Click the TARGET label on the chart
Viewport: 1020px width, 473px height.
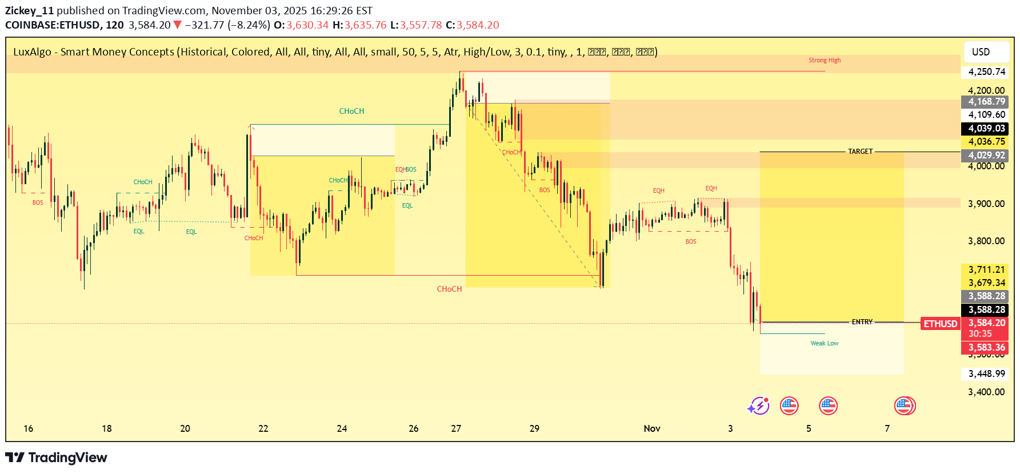coord(860,152)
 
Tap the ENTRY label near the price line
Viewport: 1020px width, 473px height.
coord(862,322)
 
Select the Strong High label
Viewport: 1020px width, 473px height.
coord(824,60)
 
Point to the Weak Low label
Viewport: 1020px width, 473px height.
coord(824,343)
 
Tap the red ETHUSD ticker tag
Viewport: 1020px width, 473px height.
coord(940,324)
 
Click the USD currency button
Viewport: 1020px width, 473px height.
coord(981,52)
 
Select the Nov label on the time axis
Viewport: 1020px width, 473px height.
coord(652,428)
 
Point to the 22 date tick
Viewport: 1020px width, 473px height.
coord(263,428)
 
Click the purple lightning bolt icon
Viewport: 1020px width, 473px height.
coord(758,406)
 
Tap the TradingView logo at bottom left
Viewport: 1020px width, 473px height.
coord(56,458)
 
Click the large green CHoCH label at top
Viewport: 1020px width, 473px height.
coord(351,111)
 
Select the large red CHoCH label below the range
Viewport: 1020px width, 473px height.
coord(449,289)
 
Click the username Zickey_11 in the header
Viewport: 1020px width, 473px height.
coord(29,11)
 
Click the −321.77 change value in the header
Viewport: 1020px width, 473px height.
coord(204,25)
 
